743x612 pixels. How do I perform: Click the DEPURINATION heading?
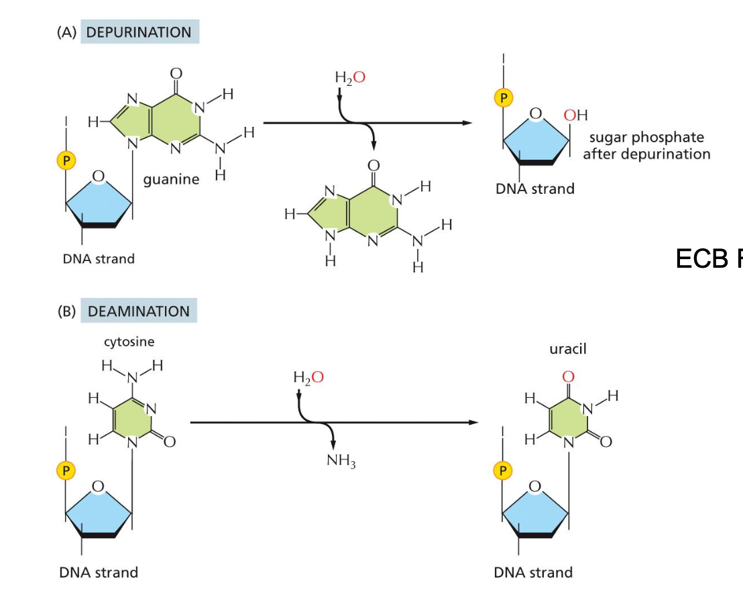[139, 32]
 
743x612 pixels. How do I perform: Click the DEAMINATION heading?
[138, 311]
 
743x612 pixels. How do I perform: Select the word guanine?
[171, 180]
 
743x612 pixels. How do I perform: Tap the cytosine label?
[129, 342]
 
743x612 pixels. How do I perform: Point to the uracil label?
[568, 350]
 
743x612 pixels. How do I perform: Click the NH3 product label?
[341, 462]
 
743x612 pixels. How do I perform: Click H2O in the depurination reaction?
[350, 78]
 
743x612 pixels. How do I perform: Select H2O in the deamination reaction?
[308, 378]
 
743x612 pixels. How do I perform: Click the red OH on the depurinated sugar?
[575, 115]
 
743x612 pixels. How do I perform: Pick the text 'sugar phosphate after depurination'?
[646, 146]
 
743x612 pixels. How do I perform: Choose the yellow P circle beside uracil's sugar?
[502, 470]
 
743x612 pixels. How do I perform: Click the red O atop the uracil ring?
[569, 376]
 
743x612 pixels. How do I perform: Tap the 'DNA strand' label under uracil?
[533, 572]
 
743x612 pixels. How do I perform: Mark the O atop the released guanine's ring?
[374, 165]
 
